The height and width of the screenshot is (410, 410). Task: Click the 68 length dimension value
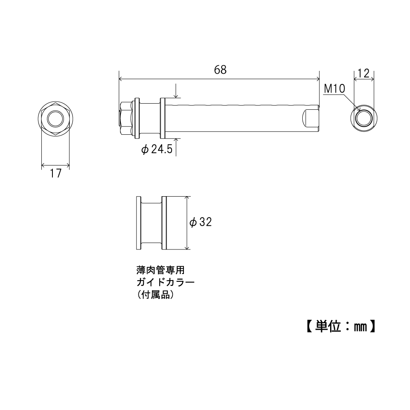220,70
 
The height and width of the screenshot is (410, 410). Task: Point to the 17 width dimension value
56,174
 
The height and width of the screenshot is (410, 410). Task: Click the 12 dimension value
364,73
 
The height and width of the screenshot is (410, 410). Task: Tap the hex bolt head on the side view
126,119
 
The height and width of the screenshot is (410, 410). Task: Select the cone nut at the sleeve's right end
310,119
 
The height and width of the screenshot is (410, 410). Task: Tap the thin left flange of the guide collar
138,222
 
